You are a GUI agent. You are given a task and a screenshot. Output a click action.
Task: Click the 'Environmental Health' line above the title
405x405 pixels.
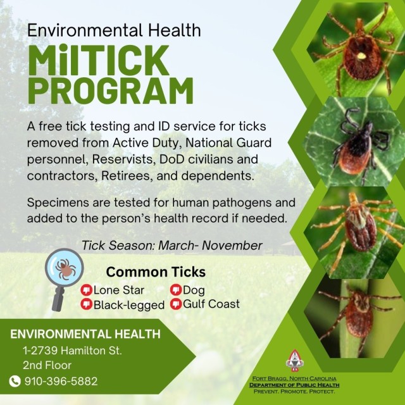click(x=115, y=30)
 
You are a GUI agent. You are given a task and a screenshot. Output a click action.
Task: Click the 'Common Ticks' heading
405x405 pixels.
click(x=156, y=272)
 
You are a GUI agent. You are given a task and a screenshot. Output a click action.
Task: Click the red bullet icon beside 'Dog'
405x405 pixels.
click(x=176, y=290)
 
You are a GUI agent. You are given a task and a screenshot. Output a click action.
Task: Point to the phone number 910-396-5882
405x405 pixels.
click(x=61, y=381)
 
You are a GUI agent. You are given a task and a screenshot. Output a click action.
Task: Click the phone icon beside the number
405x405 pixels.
click(x=15, y=381)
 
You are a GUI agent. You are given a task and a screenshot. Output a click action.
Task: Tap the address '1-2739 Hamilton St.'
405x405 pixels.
click(x=72, y=350)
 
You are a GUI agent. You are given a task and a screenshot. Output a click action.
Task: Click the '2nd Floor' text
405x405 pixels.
click(x=47, y=365)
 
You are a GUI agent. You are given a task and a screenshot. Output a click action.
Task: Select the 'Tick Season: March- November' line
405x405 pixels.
click(x=171, y=245)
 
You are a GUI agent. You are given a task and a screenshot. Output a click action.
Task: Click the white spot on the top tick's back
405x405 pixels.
click(x=361, y=55)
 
